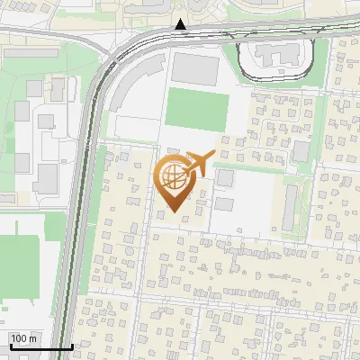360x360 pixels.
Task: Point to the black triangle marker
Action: (x=181, y=24)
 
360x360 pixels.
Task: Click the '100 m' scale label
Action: (x=23, y=338)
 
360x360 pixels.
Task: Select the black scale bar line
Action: (x=40, y=346)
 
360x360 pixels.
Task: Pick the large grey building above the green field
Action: (x=195, y=69)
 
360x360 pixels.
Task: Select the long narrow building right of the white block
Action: (x=292, y=207)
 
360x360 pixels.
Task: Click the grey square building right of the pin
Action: (x=224, y=178)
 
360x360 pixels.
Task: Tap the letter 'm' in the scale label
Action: (x=32, y=338)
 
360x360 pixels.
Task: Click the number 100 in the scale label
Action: (x=19, y=338)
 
